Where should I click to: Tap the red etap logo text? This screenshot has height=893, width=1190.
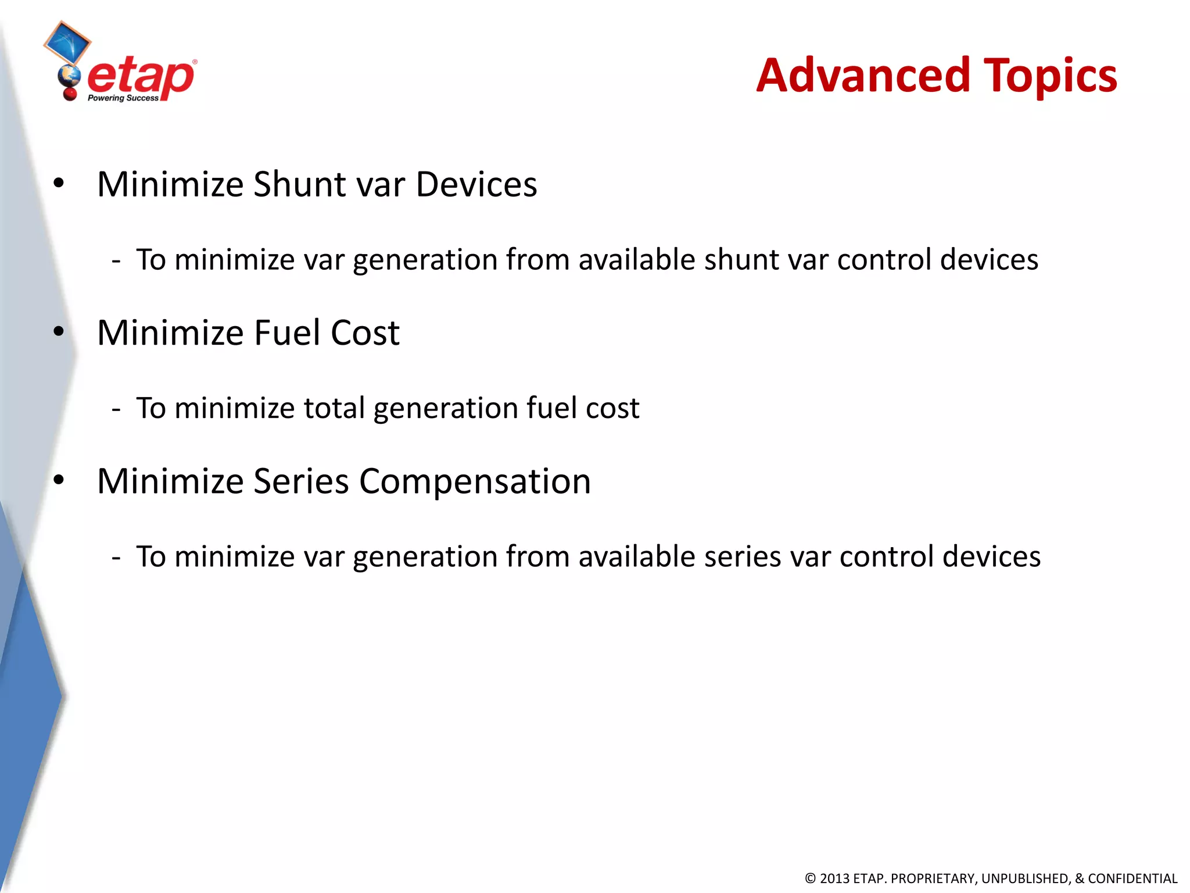click(141, 77)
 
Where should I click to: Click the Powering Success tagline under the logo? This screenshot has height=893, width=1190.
click(123, 98)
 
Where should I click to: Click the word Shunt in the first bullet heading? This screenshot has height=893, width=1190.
click(300, 184)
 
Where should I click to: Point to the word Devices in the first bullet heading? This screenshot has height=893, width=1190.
click(476, 184)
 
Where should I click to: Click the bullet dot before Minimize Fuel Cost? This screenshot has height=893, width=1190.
click(59, 332)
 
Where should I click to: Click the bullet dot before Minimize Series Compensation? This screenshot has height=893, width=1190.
click(59, 481)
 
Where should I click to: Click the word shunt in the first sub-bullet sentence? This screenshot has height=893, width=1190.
click(740, 259)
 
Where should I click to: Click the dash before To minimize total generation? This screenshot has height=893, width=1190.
click(116, 409)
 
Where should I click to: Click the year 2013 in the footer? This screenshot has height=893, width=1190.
click(834, 878)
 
